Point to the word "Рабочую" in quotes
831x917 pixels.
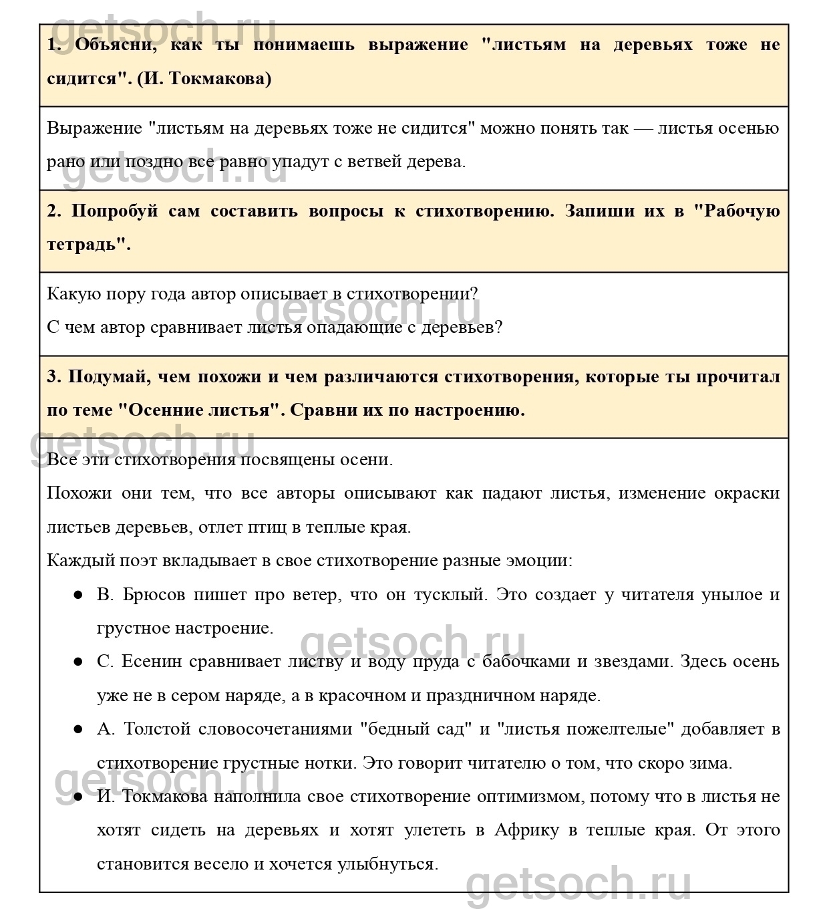point(742,211)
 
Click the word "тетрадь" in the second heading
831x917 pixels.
point(86,245)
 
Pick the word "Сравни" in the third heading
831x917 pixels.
point(325,410)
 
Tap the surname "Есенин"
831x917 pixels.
point(151,662)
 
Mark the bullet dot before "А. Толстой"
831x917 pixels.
point(78,729)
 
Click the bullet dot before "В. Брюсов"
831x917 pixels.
point(78,595)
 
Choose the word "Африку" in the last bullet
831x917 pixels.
point(527,830)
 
